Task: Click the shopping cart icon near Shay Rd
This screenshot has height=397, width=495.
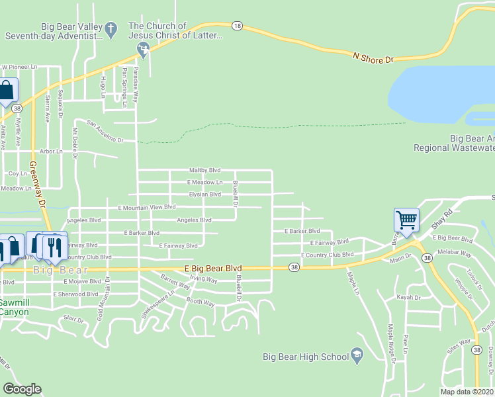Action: point(405,219)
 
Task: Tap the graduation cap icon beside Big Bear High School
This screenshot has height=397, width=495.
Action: point(357,356)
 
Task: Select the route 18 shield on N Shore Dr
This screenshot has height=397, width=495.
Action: point(237,26)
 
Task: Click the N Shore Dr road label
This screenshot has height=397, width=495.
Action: point(373,58)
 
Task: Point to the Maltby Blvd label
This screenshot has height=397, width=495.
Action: point(204,169)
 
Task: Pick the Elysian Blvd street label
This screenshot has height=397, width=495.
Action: point(204,194)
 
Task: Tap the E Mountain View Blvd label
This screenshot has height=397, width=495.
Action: point(147,207)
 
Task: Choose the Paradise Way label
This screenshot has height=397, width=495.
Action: point(137,83)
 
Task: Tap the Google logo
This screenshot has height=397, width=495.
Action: point(22,389)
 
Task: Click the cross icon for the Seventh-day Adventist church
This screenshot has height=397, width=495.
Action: point(111,29)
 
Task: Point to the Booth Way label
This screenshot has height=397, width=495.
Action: point(201,302)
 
